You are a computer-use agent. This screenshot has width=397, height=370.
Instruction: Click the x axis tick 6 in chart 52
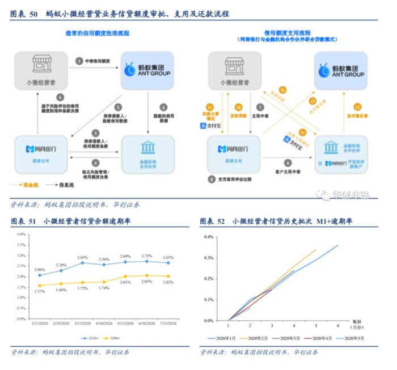[x=338, y=326]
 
